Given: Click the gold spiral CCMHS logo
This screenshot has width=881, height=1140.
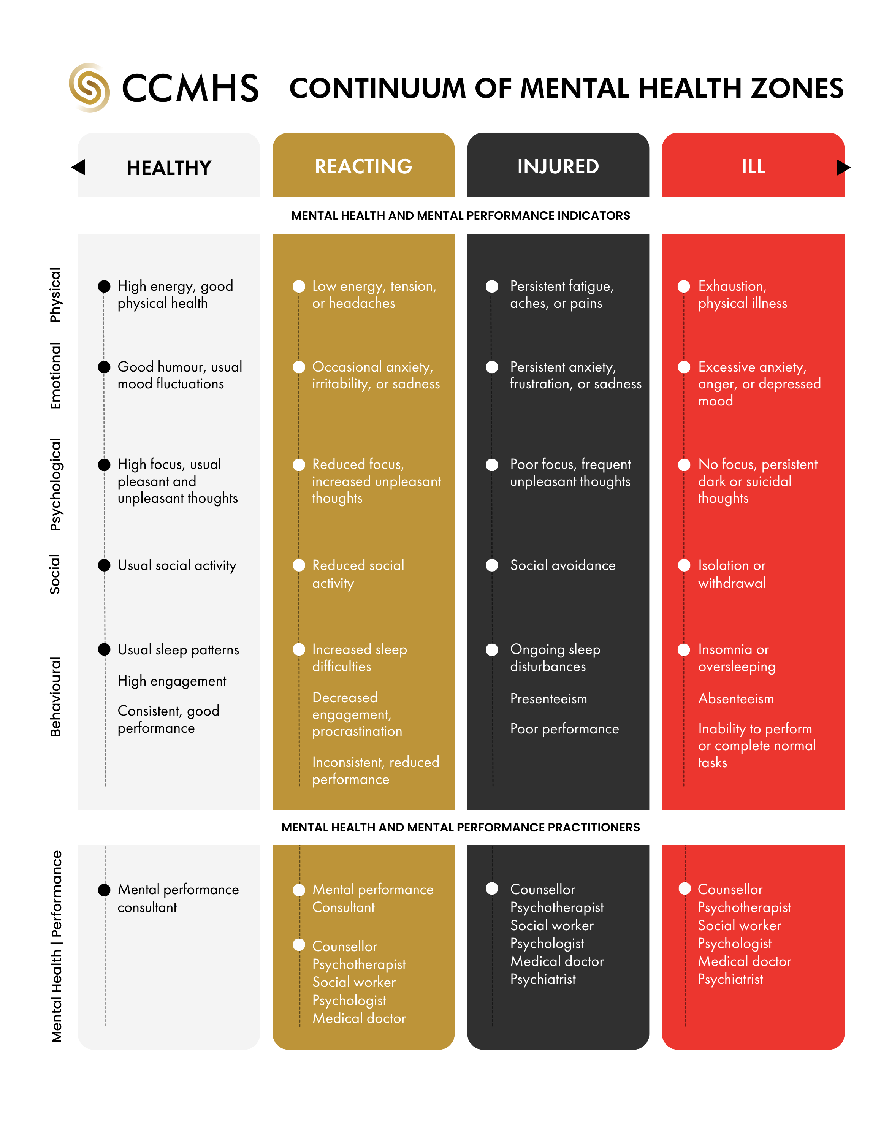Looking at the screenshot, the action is tap(89, 88).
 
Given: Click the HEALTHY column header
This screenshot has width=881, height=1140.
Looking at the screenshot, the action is tap(169, 168).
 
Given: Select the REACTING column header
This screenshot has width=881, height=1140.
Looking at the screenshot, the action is tap(363, 166).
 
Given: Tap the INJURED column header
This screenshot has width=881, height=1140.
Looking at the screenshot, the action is tap(558, 166).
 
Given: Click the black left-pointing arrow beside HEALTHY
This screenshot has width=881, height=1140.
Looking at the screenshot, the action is tap(78, 167).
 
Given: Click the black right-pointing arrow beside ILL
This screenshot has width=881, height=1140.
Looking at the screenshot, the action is tap(843, 167).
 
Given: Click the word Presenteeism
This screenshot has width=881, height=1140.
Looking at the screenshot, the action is tap(548, 698).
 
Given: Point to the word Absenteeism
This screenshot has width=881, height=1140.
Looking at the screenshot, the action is tap(735, 698).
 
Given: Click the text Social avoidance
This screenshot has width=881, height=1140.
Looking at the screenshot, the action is tap(563, 565).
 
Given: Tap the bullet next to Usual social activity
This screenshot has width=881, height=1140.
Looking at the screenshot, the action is tap(105, 565).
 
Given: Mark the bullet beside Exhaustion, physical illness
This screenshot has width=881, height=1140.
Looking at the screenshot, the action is tap(684, 286).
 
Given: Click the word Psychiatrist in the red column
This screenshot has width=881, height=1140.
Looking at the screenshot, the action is tap(730, 979).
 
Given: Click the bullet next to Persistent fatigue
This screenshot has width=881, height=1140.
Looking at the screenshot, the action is tap(492, 286).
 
